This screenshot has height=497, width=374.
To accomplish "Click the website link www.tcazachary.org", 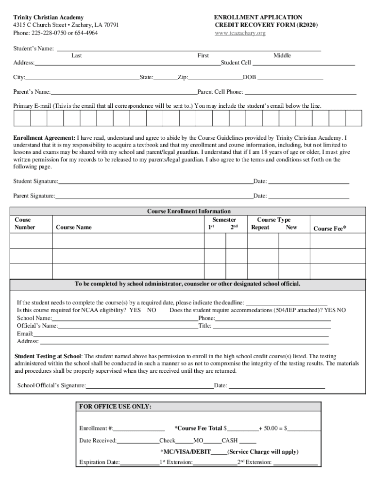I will click(240, 33).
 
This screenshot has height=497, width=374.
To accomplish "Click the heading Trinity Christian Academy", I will click(48, 17).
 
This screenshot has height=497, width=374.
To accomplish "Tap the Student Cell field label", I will click(236, 63).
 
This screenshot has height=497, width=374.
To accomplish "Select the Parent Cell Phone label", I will click(220, 92).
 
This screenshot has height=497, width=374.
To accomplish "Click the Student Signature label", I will click(35, 182).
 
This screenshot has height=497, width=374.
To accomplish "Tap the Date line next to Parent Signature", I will click(308, 196).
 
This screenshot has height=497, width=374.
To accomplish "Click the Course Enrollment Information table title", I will click(189, 211).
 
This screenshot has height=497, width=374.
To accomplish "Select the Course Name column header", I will click(74, 227).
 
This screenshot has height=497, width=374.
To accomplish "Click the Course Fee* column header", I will click(330, 228).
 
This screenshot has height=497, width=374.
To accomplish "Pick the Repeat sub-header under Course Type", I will click(260, 227).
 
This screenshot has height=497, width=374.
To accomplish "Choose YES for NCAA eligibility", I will click(135, 310).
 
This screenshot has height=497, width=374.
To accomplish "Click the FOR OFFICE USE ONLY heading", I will click(115, 406).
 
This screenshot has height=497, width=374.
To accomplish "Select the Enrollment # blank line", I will click(139, 428).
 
